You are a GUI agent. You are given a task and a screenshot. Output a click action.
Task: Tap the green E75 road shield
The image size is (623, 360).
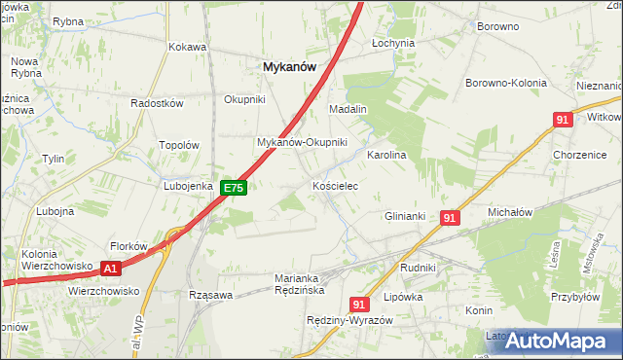point(233,188)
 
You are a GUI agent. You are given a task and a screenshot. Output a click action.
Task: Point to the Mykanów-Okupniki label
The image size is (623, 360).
point(302,142)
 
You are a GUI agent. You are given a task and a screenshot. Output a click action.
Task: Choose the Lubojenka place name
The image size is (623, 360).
point(188,185)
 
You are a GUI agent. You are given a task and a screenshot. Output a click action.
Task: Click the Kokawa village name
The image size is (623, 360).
point(188,47)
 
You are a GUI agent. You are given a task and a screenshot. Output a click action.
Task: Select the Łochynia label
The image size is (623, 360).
point(393,44)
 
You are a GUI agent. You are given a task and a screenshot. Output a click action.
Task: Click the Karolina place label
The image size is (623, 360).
point(385,155)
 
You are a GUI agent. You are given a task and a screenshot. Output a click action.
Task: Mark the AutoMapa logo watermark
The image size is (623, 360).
point(551,342)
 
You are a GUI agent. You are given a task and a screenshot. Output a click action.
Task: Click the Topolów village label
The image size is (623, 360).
point(179,145)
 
